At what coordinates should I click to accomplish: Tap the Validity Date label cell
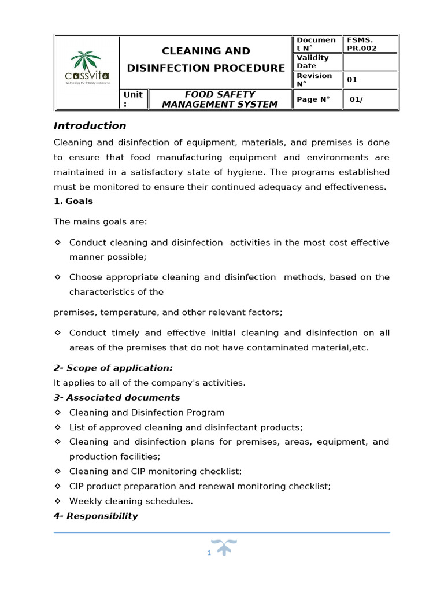click(x=313, y=62)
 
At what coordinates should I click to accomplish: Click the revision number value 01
click(x=351, y=80)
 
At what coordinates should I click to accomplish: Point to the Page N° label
click(x=313, y=99)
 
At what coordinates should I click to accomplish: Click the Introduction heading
click(x=90, y=126)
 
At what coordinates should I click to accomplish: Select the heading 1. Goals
click(x=73, y=202)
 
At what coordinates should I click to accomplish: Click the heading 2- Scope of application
click(x=113, y=368)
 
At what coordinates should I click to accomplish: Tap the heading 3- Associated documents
click(x=117, y=398)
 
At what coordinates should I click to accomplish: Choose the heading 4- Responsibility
click(x=96, y=516)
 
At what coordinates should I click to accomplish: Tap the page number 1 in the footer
click(x=209, y=553)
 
